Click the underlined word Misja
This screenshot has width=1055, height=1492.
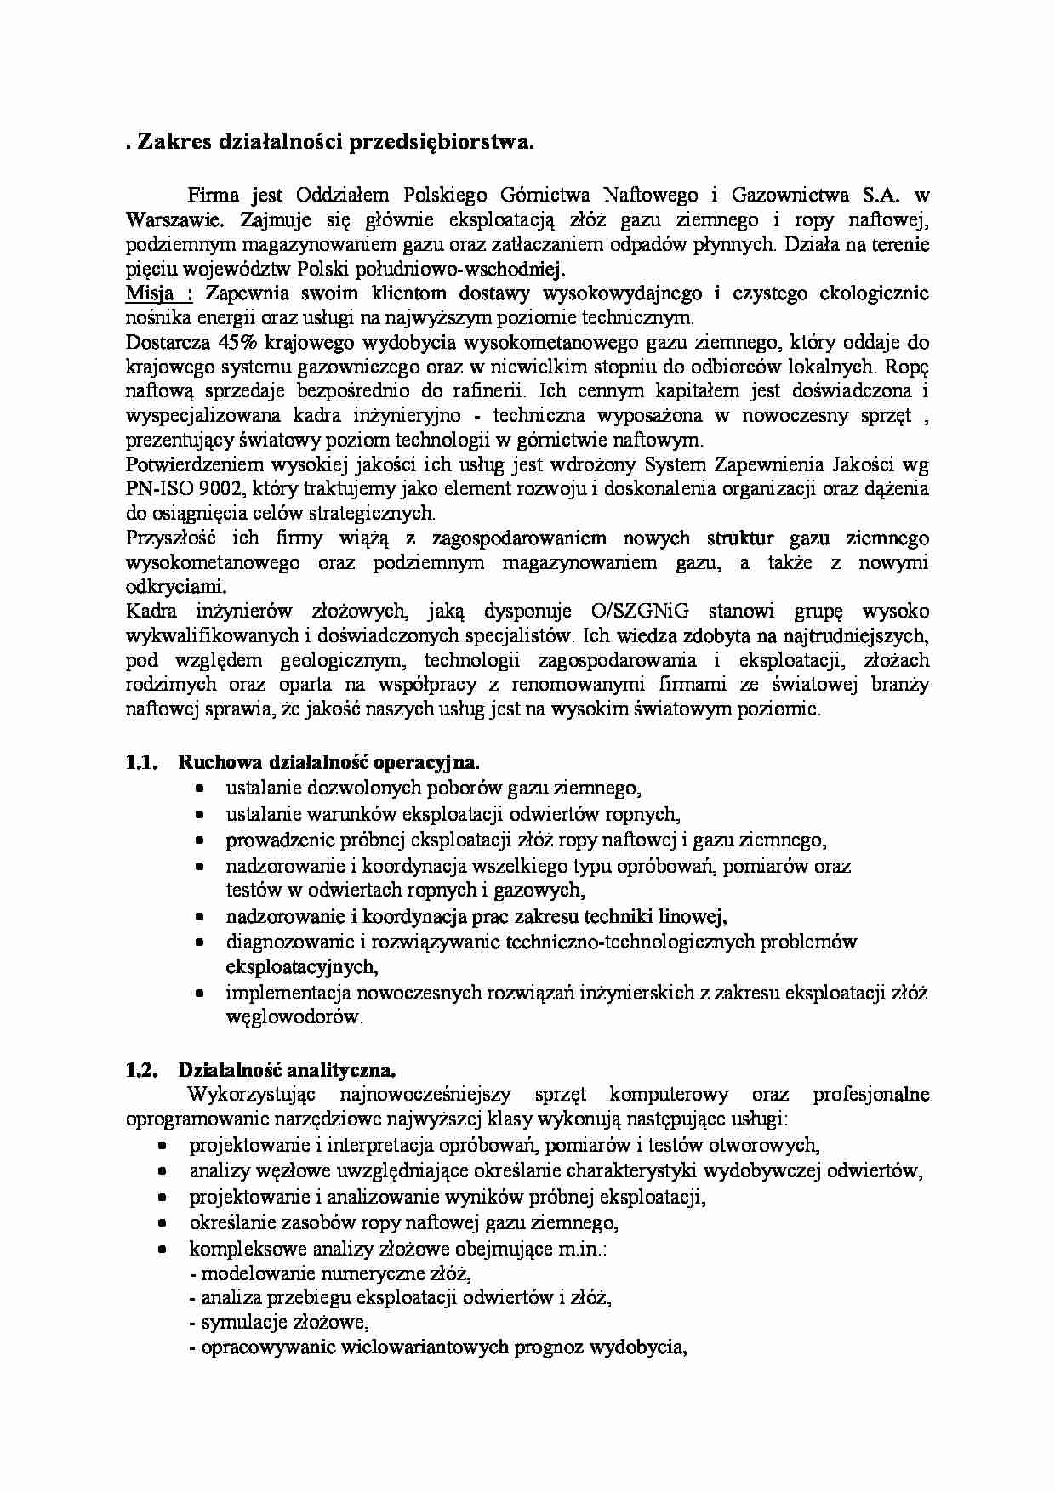(x=148, y=293)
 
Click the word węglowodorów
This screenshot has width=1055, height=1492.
(x=294, y=1017)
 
